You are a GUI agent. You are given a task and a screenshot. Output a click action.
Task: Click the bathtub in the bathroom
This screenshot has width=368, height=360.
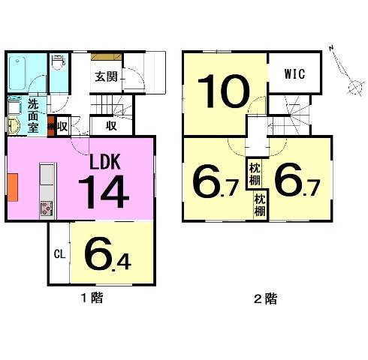coord(17,73)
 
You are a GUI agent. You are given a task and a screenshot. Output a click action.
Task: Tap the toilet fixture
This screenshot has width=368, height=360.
coord(58,62)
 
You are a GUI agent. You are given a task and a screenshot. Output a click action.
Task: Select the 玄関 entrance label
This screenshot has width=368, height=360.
coord(106,76)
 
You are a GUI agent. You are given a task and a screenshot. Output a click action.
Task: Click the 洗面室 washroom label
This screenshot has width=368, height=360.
coord(33,115)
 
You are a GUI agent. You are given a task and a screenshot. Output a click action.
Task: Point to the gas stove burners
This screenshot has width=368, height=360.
coord(47,208)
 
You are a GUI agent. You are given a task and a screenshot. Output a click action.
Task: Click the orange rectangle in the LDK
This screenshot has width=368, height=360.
coord(13,187)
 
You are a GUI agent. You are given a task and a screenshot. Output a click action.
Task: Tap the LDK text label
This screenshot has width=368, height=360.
coord(105,162)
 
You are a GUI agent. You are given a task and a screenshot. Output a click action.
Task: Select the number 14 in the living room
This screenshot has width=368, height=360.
coord(104,192)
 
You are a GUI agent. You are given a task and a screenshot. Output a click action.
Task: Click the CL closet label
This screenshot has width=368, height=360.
coord(59,254)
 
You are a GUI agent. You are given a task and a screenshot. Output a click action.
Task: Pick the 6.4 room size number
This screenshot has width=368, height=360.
coord(107,253)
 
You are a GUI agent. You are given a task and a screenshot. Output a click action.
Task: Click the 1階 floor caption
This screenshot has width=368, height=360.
coord(92,298)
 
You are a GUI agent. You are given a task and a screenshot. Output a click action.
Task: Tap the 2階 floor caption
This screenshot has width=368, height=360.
coord(266,298)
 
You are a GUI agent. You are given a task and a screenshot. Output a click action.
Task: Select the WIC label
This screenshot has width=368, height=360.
coord(294,73)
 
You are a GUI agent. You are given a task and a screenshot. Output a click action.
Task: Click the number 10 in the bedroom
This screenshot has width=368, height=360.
coord(224,91)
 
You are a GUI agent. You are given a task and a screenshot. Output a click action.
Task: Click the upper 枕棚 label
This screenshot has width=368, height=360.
coord(255,174)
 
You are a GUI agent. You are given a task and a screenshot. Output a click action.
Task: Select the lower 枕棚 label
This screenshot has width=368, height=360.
coord(260,205)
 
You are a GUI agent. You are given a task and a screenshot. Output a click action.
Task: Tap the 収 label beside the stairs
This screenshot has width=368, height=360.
coord(111,126)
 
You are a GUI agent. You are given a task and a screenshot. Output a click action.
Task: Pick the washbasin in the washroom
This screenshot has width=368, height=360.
coord(14,125)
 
